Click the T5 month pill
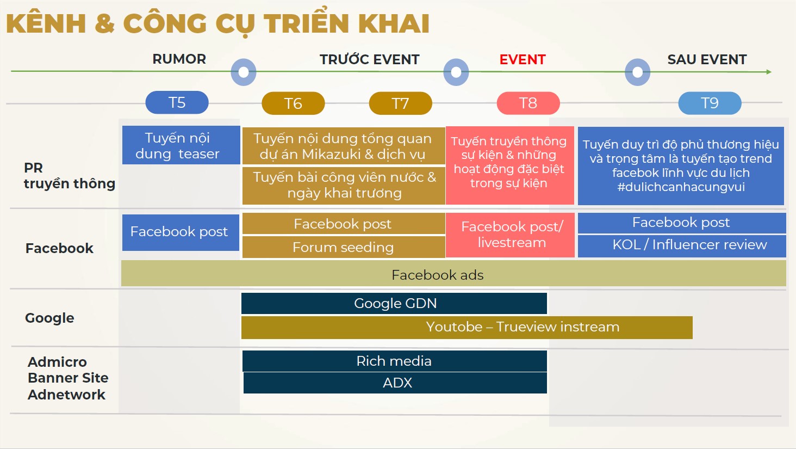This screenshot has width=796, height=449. click(x=177, y=102)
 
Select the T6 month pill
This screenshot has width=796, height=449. click(x=293, y=103)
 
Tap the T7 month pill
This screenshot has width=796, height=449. click(x=400, y=103)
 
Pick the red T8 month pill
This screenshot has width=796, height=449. click(x=528, y=103)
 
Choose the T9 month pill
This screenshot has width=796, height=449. click(x=710, y=103)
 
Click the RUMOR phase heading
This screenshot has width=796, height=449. click(x=179, y=59)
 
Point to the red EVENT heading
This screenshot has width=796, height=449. click(x=523, y=59)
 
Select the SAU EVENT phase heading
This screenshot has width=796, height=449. click(x=707, y=59)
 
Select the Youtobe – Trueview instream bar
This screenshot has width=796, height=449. click(x=467, y=327)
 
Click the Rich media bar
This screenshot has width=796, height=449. click(x=394, y=361)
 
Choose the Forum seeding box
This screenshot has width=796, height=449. click(x=343, y=247)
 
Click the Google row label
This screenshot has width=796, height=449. click(x=49, y=318)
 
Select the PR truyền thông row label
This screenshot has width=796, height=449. click(x=69, y=176)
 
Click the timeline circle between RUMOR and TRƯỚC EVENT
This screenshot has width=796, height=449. click(x=244, y=72)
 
